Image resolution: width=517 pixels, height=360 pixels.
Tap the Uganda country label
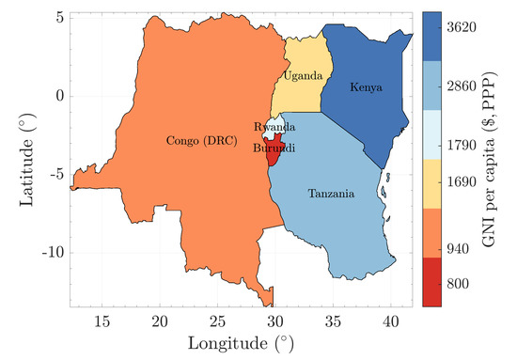(x=304, y=75)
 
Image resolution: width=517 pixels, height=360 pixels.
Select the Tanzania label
(x=331, y=195)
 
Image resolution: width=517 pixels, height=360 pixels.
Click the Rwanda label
(x=275, y=127)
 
